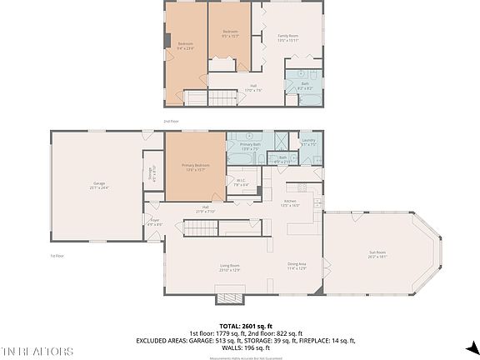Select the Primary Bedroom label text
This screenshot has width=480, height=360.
coord(195,167)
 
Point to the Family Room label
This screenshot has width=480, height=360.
coord(288,37)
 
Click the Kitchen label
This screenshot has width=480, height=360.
coord(290,202)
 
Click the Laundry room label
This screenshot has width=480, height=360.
coord(307,142)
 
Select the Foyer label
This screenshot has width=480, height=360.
coord(154,222)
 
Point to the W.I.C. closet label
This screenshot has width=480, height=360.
coord(240,182)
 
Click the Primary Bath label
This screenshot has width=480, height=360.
coord(251,147)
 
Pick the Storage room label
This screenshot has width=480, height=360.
coord(151,173)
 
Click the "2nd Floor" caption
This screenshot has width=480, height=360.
coord(171,121)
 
